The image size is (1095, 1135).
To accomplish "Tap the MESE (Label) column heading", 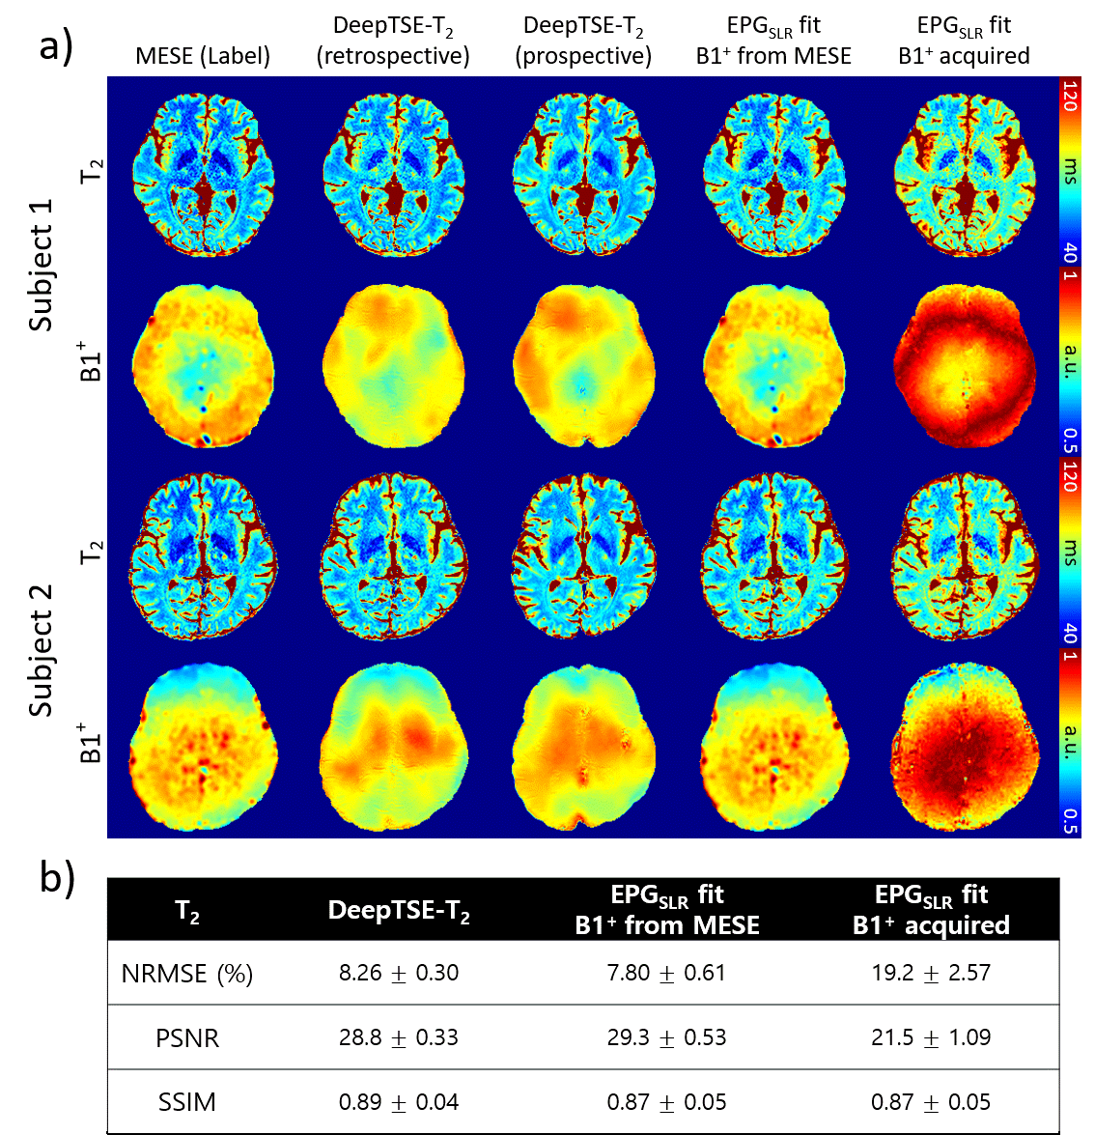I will [x=203, y=56].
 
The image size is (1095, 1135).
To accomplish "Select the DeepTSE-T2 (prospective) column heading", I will [x=583, y=42].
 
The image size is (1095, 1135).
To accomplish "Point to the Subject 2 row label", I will [x=41, y=649].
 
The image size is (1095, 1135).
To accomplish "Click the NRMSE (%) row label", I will [x=186, y=974].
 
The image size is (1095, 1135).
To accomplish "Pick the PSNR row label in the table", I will [x=187, y=1038].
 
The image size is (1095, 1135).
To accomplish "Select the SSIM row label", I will [x=187, y=1102].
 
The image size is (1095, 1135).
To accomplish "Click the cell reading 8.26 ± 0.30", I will [x=398, y=973].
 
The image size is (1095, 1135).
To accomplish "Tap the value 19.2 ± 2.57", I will [x=931, y=973].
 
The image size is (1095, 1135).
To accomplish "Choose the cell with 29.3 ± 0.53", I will [x=666, y=1037].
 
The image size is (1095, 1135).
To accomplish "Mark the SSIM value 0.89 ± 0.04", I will [x=398, y=1102].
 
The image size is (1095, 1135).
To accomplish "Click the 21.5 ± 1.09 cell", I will [x=931, y=1037].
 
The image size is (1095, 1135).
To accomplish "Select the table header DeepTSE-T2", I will [x=398, y=911].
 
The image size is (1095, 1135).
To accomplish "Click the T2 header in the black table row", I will [x=187, y=911].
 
